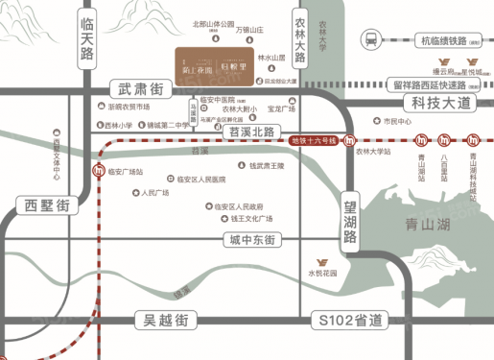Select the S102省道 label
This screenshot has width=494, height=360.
pyautogui.click(x=351, y=319)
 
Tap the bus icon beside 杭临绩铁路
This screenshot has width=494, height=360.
pyautogui.click(x=370, y=40)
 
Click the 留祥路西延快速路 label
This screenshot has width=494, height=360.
pyautogui.click(x=433, y=84)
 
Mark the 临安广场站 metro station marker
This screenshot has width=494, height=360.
pyautogui.click(x=100, y=172)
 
